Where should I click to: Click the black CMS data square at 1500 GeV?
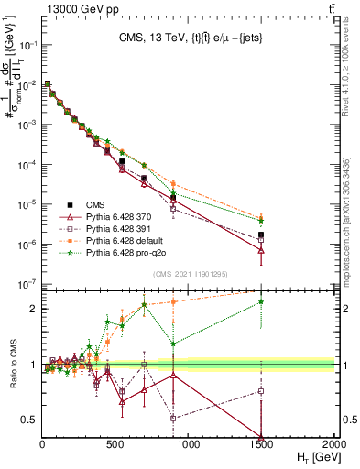tap(262, 235)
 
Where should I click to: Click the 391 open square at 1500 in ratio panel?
tap(262, 391)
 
